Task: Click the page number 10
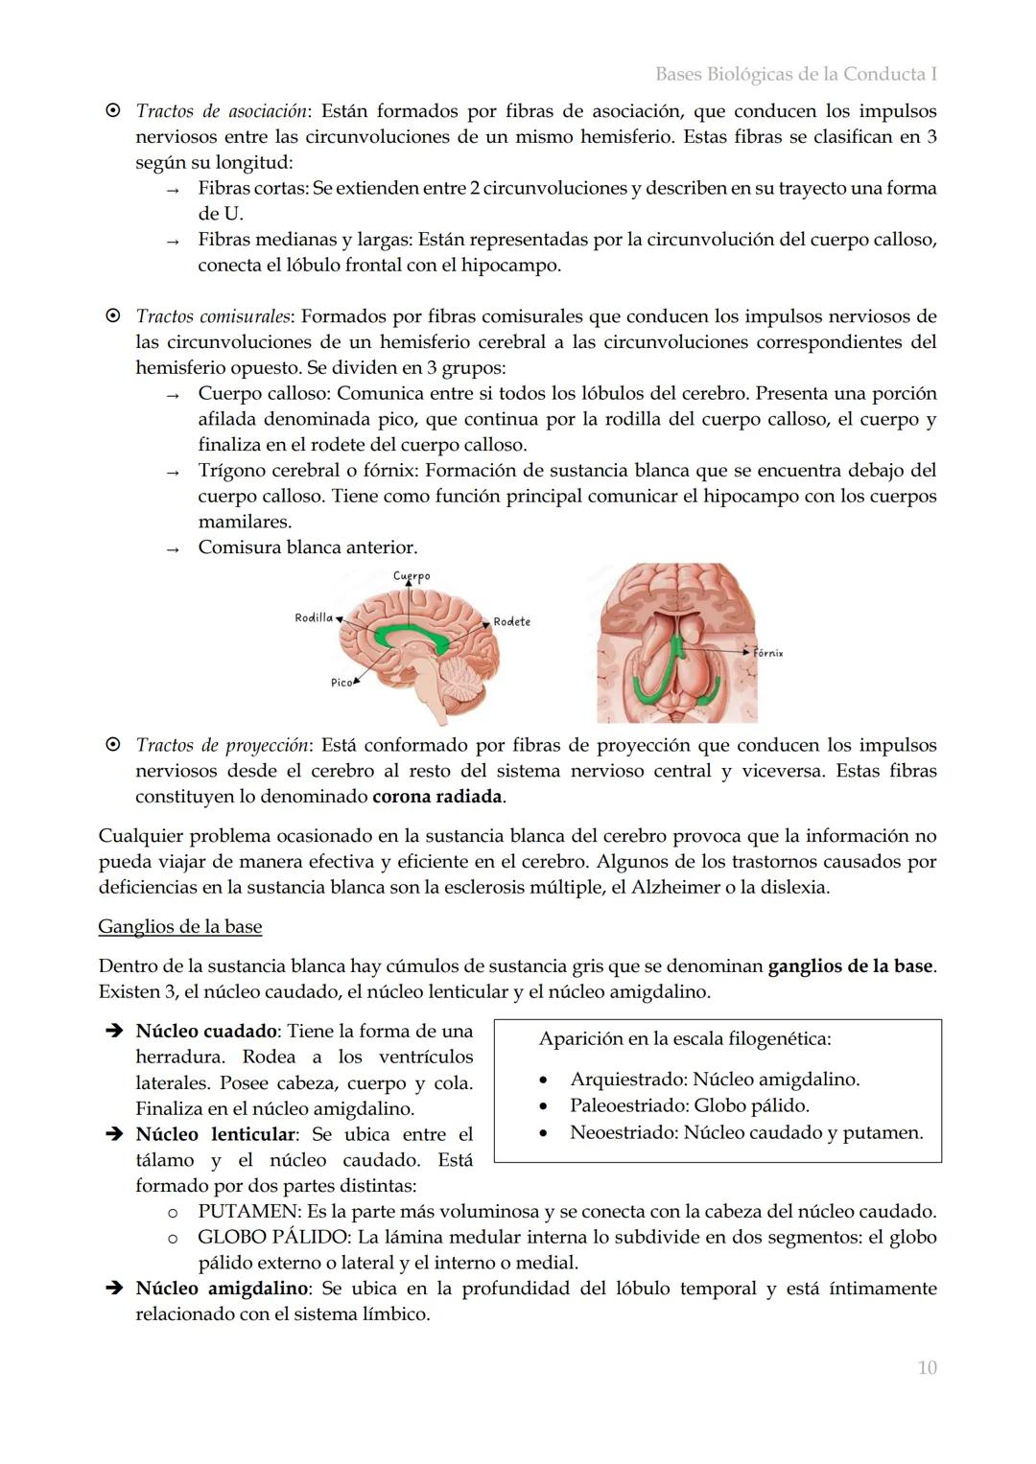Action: pyautogui.click(x=927, y=1367)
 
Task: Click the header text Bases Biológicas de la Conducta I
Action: pyautogui.click(x=796, y=74)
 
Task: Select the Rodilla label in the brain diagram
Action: pyautogui.click(x=314, y=617)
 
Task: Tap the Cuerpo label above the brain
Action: pyautogui.click(x=412, y=576)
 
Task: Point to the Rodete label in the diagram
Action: pyautogui.click(x=512, y=621)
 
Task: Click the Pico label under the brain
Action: pyautogui.click(x=341, y=682)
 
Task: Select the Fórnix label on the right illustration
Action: pyautogui.click(x=768, y=653)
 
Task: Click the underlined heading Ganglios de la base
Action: pyautogui.click(x=180, y=926)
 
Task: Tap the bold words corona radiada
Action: pyautogui.click(x=437, y=796)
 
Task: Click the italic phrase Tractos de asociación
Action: pyautogui.click(x=222, y=111)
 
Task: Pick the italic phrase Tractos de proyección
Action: pyautogui.click(x=223, y=745)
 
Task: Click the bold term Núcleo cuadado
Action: pyautogui.click(x=206, y=1031)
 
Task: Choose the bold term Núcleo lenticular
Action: pyautogui.click(x=216, y=1134)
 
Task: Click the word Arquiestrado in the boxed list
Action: pyautogui.click(x=625, y=1080)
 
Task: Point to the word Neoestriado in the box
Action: pyautogui.click(x=623, y=1132)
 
